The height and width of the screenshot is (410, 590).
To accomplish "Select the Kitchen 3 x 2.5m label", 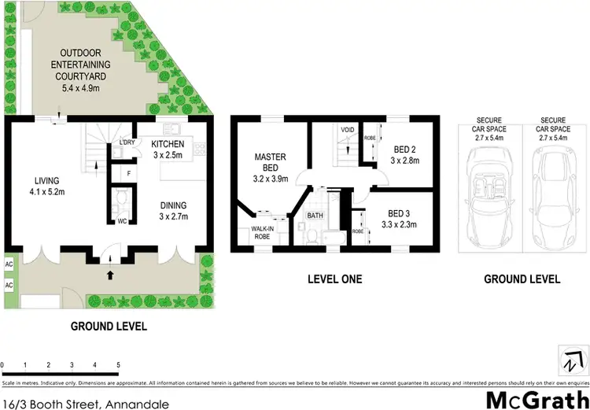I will [x=168, y=149].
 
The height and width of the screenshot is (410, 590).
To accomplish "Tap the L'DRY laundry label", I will [x=126, y=142].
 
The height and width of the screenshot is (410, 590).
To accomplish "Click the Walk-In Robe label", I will [x=261, y=232].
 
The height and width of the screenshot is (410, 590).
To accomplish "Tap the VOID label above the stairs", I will [x=346, y=129].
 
